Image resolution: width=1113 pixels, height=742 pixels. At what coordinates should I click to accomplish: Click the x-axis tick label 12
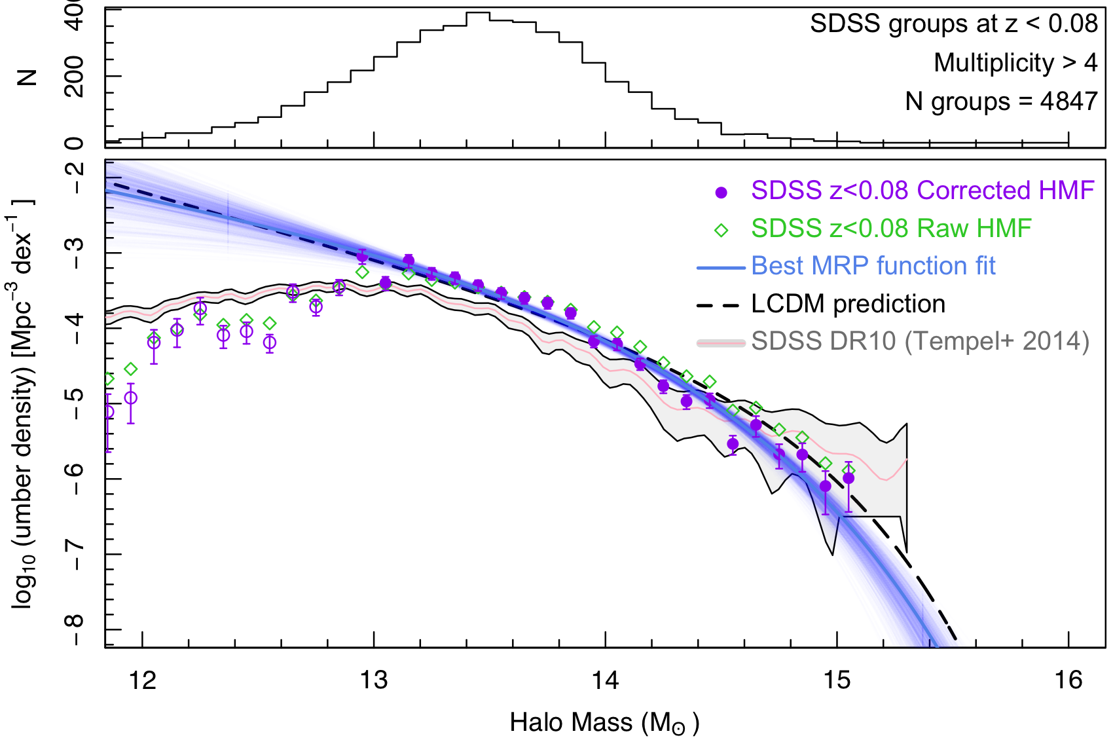point(143,680)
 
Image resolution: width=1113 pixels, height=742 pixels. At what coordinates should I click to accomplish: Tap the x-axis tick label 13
point(374,680)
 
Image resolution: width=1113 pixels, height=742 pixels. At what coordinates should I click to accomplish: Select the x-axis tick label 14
point(606,680)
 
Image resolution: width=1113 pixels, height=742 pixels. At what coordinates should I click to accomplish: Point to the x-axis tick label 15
point(837,680)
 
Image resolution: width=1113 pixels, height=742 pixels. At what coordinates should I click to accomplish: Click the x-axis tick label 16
point(1068,680)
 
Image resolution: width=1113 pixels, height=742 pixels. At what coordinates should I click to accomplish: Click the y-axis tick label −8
point(75,629)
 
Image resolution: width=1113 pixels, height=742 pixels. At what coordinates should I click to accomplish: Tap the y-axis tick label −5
point(75,403)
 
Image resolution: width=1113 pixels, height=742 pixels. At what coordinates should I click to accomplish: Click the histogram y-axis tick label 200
point(75,76)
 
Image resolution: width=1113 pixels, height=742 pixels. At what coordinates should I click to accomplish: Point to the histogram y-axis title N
point(27,77)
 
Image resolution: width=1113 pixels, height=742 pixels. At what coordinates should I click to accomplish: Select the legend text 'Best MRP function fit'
point(873,266)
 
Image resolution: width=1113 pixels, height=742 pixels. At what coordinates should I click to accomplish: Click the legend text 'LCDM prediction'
point(848,304)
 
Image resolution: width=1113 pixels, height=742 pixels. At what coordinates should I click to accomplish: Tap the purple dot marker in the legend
point(721,193)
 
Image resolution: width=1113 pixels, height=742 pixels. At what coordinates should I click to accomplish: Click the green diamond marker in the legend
point(721,231)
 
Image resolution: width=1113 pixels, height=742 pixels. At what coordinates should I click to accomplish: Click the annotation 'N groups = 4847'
point(1001,102)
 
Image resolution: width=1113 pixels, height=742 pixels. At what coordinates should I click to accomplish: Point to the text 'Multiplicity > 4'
point(1015,63)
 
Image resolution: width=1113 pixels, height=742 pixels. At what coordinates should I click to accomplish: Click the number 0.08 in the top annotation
point(1072,24)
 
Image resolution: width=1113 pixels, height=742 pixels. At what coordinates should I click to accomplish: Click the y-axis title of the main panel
point(25,403)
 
